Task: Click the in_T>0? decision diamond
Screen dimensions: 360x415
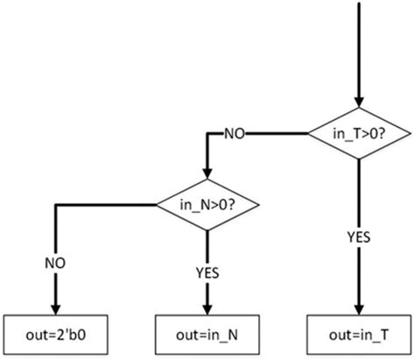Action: [359, 133]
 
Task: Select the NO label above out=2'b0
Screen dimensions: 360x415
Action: [56, 261]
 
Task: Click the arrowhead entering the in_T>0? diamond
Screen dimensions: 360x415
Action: [359, 103]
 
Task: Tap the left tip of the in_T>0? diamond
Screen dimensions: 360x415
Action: [306, 133]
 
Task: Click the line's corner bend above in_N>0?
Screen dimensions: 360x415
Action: [206, 133]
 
